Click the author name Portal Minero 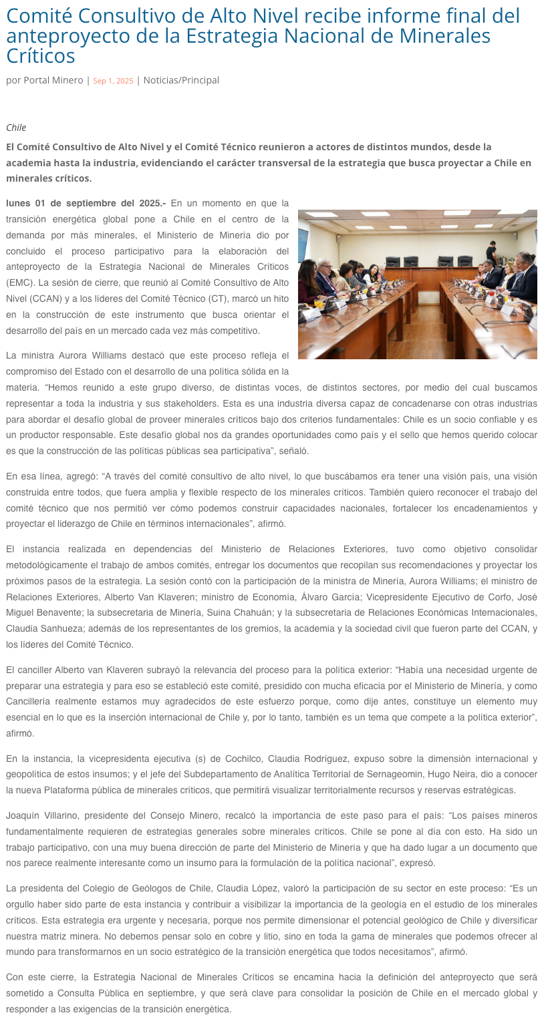[53, 80]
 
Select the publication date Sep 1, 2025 [113, 81]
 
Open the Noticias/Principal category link [181, 80]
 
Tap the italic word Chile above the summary [16, 128]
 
